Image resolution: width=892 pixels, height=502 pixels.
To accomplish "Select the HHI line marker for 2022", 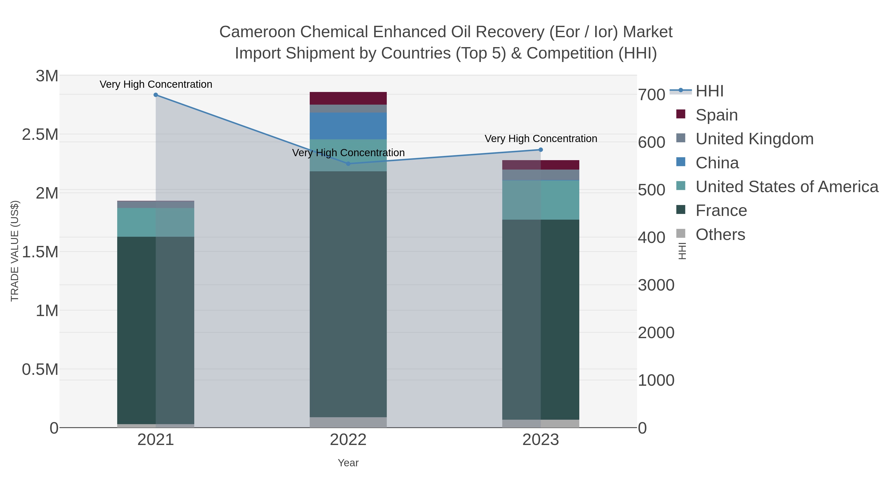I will point(348,164).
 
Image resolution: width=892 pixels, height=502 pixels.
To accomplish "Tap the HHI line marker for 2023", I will point(541,150).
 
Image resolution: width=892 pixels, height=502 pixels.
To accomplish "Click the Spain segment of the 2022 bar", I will point(348,98).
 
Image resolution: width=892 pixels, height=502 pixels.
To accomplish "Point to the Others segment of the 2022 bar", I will point(348,422).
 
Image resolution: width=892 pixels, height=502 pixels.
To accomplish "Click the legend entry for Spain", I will point(716,115).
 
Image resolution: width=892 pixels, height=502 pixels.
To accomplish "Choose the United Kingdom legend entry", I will point(754,139).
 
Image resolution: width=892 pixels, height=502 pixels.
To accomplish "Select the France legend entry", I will point(721,210).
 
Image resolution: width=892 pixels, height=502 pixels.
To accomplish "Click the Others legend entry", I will point(720,235).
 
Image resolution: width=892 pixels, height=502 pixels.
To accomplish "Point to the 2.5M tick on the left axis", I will point(40,134).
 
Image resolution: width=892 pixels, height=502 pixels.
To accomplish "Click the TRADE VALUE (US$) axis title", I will point(15,251).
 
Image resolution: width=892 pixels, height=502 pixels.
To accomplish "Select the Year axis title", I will point(348,463).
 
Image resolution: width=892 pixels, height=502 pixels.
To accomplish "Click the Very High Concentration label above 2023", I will point(541,139).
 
